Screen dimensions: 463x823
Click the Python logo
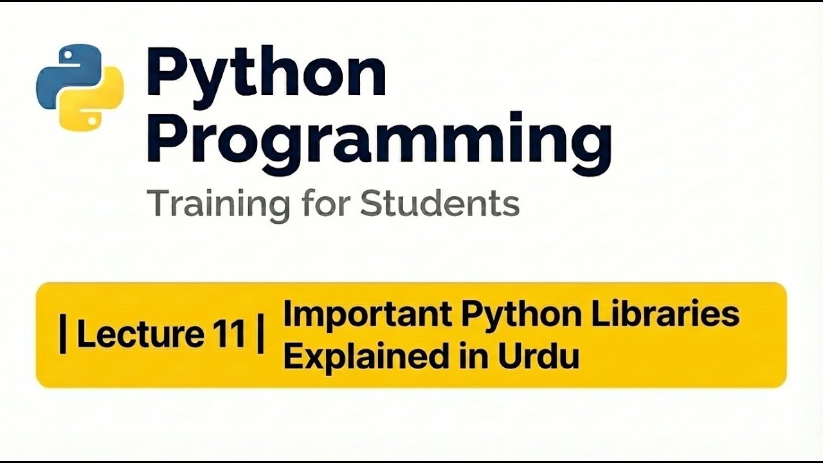coord(80,87)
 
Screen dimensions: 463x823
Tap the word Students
coord(440,204)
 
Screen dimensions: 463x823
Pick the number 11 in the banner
coord(227,335)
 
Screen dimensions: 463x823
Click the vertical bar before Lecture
coord(63,336)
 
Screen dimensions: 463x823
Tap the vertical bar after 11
coord(260,336)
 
